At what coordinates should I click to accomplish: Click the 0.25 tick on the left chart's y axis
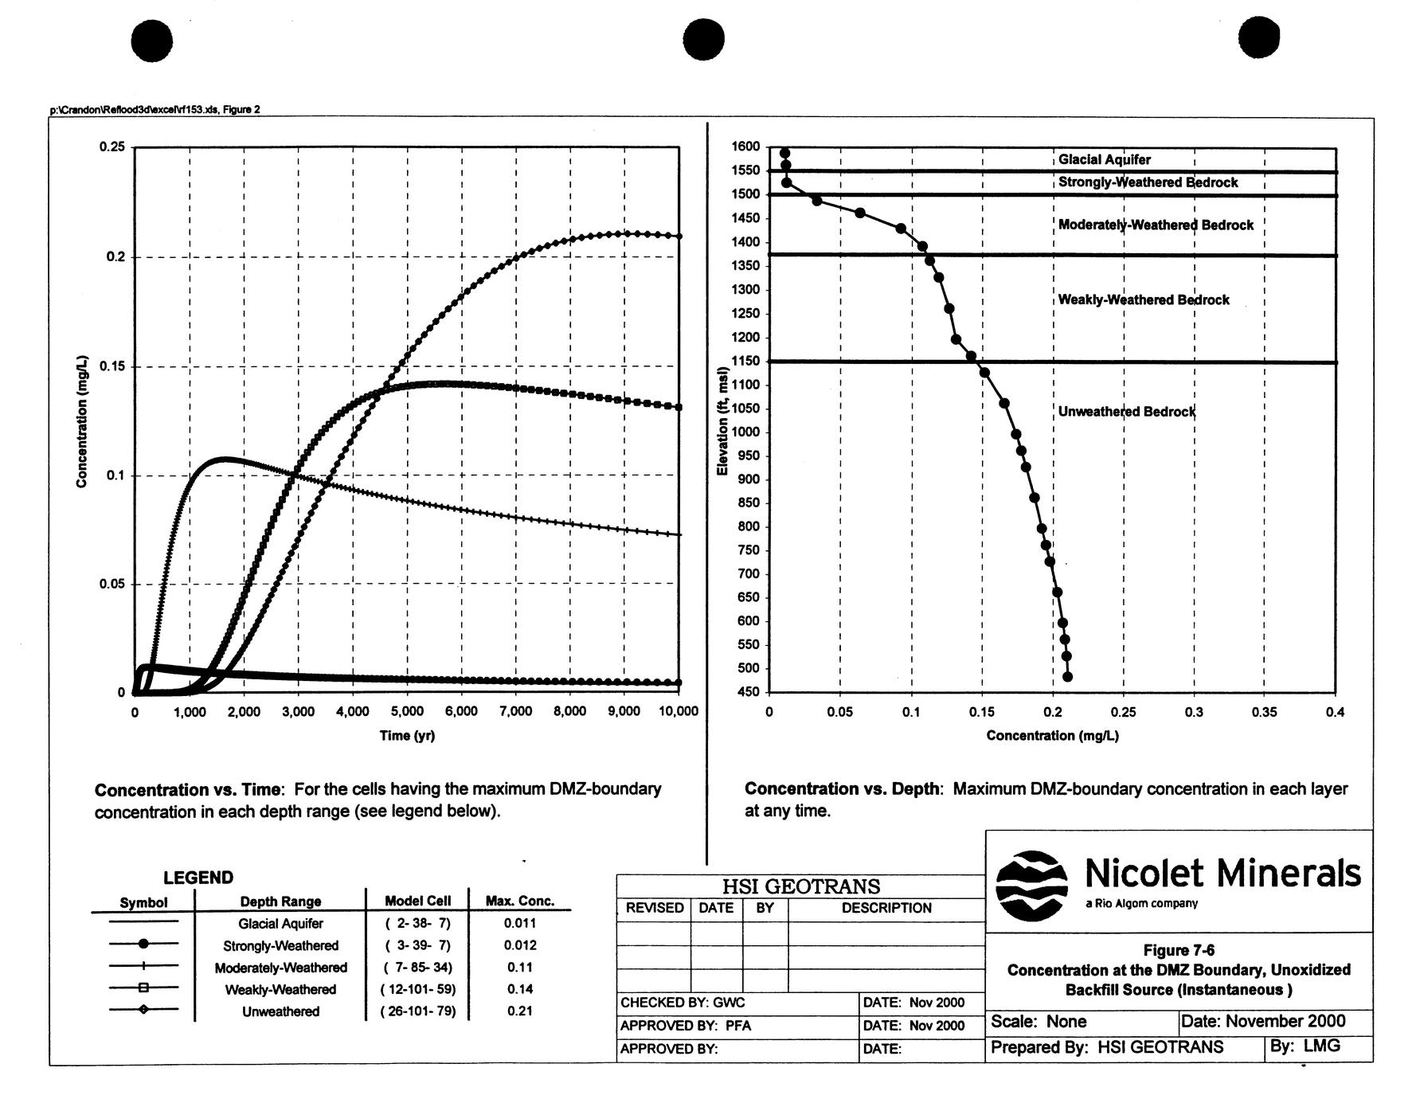[111, 147]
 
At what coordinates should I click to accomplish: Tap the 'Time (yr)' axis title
[407, 735]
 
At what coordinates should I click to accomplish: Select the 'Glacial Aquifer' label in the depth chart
[1104, 159]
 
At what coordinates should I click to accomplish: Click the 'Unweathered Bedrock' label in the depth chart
[1126, 412]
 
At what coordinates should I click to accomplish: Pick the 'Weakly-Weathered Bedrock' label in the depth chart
[1143, 300]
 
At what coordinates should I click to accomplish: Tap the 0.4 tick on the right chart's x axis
[1335, 712]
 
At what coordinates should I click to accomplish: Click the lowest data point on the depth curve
[1067, 677]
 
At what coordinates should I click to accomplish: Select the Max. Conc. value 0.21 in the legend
[519, 1011]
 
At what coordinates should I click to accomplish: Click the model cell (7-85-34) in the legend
[417, 968]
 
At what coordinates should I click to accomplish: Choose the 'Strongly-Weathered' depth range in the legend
[280, 946]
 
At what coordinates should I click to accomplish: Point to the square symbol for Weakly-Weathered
[143, 988]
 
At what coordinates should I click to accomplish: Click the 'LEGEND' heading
[198, 878]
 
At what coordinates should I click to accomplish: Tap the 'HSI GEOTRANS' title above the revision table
[800, 886]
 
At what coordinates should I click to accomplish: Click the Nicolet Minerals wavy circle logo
[1031, 885]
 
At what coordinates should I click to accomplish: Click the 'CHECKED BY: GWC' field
[683, 1003]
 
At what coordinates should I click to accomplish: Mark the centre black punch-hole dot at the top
[703, 40]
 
